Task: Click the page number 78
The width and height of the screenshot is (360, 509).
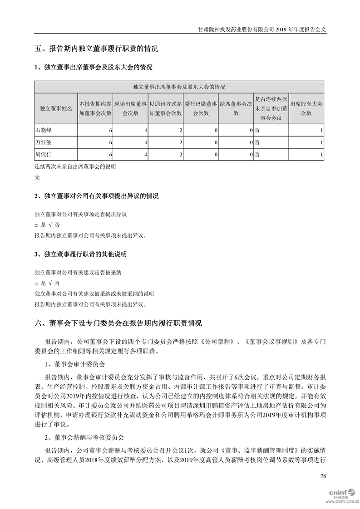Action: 323,476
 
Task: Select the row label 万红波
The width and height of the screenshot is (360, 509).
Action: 44,142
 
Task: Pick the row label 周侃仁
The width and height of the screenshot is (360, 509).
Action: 44,155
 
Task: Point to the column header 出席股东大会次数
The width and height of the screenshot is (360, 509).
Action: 306,108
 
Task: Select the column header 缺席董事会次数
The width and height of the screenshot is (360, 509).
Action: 236,108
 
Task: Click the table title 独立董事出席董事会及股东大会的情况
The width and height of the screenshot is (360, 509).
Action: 179,87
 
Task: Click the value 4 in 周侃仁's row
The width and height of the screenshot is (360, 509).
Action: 145,155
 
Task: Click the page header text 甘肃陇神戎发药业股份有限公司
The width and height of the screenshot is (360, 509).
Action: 237,28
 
